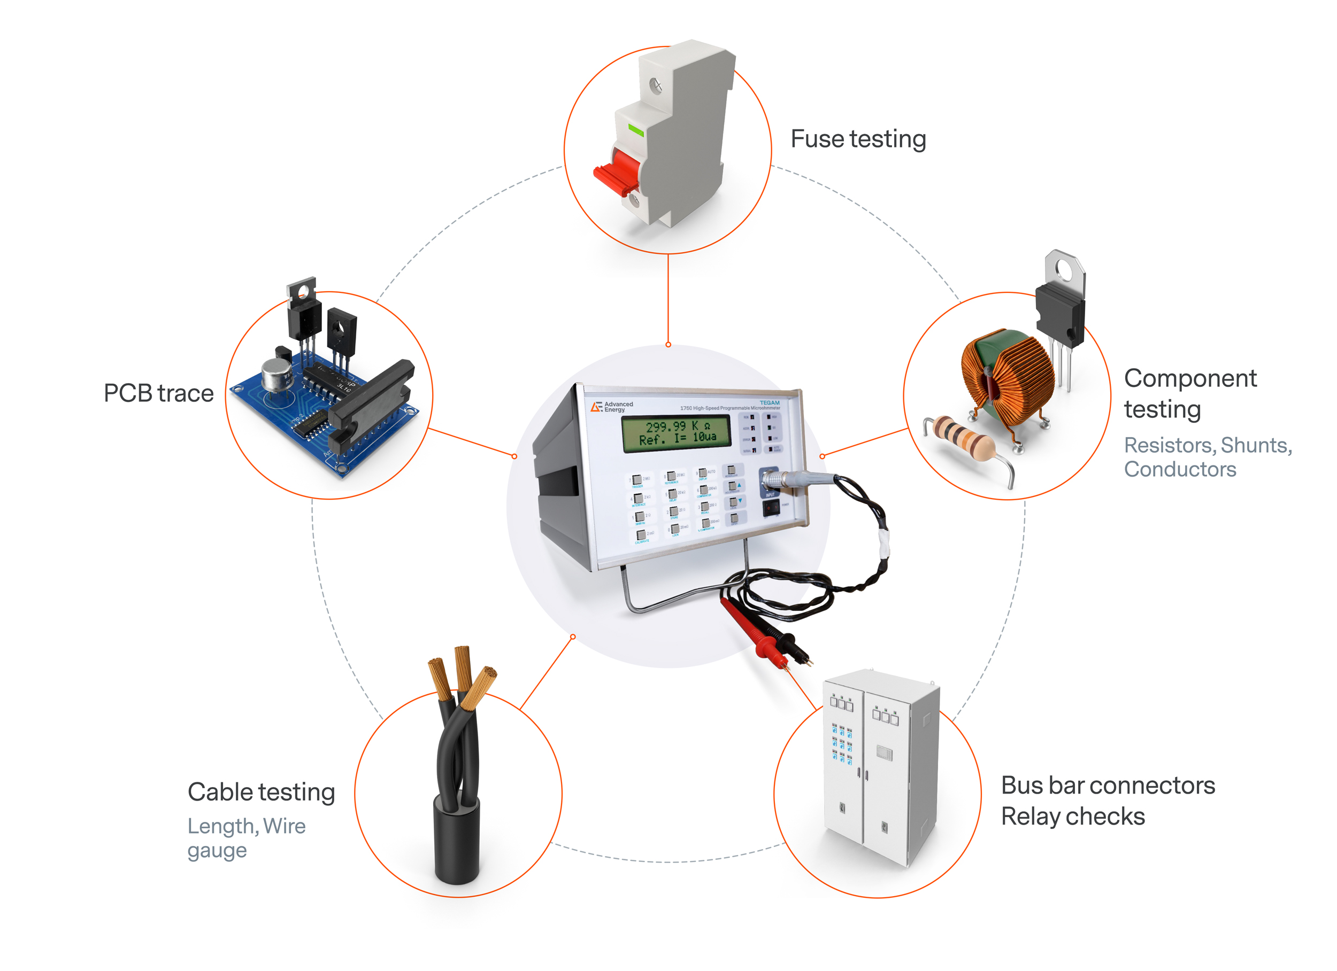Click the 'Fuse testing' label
pos(858,139)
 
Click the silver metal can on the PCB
pos(275,375)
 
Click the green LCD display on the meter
pos(677,433)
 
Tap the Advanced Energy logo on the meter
pos(611,407)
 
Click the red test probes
pos(760,631)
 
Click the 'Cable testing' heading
pos(260,792)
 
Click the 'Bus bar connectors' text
pos(1108,786)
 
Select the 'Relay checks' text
pos(1072,817)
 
